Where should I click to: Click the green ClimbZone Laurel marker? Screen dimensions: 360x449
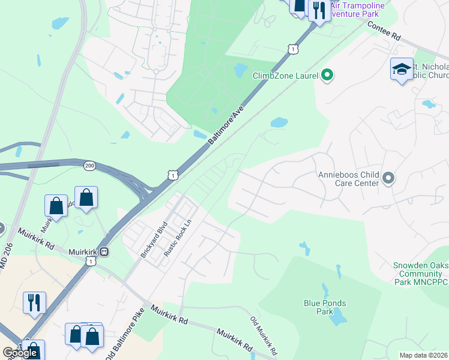[x=327, y=76]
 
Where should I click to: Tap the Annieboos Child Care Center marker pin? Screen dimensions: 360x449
[x=388, y=178]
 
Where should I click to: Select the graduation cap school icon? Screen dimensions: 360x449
[x=402, y=70]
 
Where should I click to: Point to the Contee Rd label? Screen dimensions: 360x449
[x=382, y=31]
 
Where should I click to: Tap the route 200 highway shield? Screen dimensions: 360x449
[x=89, y=166]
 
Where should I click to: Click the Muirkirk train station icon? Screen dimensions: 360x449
[x=104, y=252]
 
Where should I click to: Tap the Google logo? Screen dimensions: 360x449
[x=20, y=353]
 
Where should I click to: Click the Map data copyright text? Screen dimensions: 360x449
[x=423, y=355]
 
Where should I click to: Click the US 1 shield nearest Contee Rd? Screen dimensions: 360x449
[x=292, y=49]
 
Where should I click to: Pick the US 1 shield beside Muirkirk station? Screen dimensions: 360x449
[x=91, y=261]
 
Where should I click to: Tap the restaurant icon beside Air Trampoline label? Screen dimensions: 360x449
[x=319, y=10]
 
